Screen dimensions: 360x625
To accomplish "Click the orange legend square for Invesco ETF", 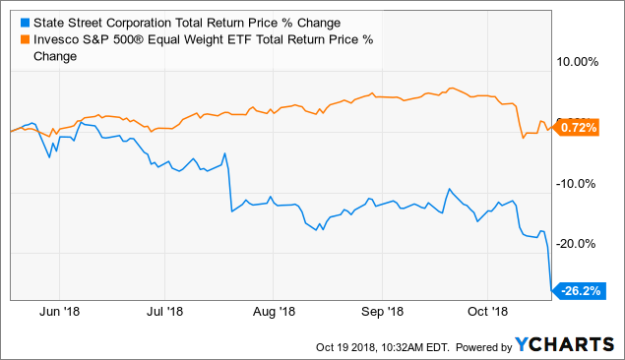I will [11, 40].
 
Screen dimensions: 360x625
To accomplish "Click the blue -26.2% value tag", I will [579, 291].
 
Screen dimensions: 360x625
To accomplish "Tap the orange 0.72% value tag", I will [579, 128].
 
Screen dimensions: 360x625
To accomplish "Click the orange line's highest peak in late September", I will [450, 88].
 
